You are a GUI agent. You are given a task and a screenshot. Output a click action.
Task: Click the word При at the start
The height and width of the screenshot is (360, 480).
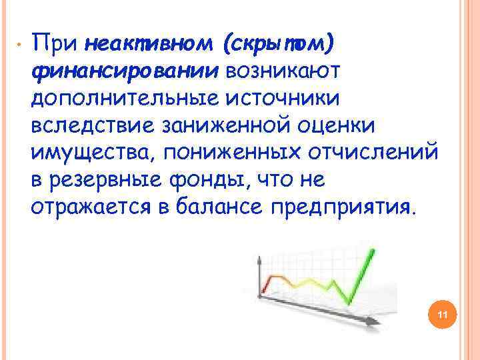(55, 44)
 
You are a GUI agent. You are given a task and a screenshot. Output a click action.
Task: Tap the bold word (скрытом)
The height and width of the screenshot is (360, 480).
(279, 44)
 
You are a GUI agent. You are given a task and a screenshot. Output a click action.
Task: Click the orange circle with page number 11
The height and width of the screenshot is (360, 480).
(441, 314)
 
